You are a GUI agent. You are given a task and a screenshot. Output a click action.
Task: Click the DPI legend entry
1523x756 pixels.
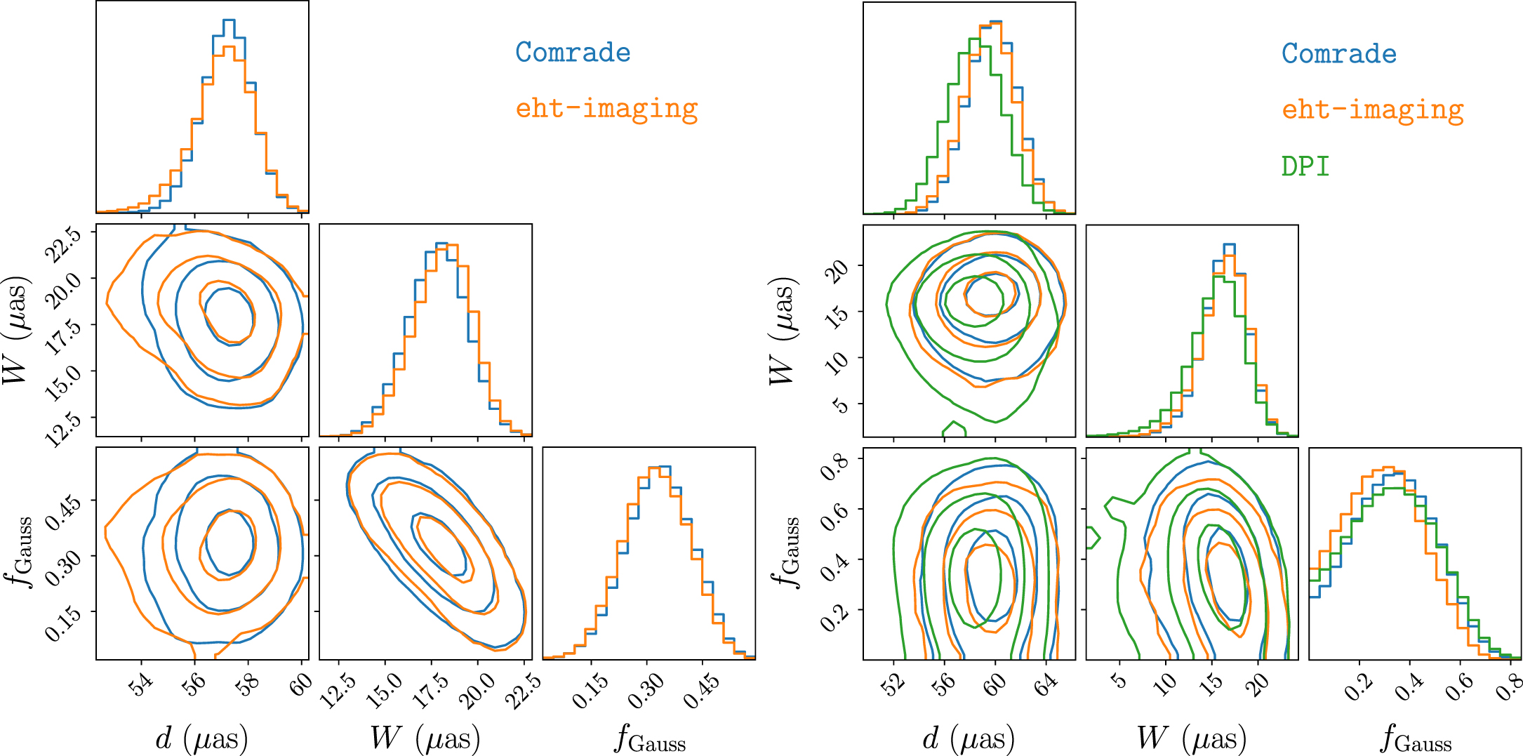[x=1305, y=166]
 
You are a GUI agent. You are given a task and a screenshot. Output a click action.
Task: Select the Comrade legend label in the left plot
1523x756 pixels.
[x=573, y=53]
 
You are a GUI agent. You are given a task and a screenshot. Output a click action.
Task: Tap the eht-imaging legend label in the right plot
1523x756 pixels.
[x=1373, y=110]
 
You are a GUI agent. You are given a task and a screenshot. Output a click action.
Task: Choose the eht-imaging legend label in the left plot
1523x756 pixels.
[x=606, y=109]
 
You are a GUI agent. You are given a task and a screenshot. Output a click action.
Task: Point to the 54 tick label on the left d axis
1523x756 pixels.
[x=142, y=684]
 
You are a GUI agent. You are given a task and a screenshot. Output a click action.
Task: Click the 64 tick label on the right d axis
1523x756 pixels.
[x=1046, y=684]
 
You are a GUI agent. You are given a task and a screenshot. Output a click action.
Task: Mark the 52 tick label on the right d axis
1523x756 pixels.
[x=893, y=684]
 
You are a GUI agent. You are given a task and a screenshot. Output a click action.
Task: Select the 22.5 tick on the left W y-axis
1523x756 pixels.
[x=63, y=245]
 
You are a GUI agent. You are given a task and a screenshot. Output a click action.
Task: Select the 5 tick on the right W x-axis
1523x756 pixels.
[x=1120, y=681]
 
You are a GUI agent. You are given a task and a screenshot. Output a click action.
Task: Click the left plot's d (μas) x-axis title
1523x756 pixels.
[x=201, y=738]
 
